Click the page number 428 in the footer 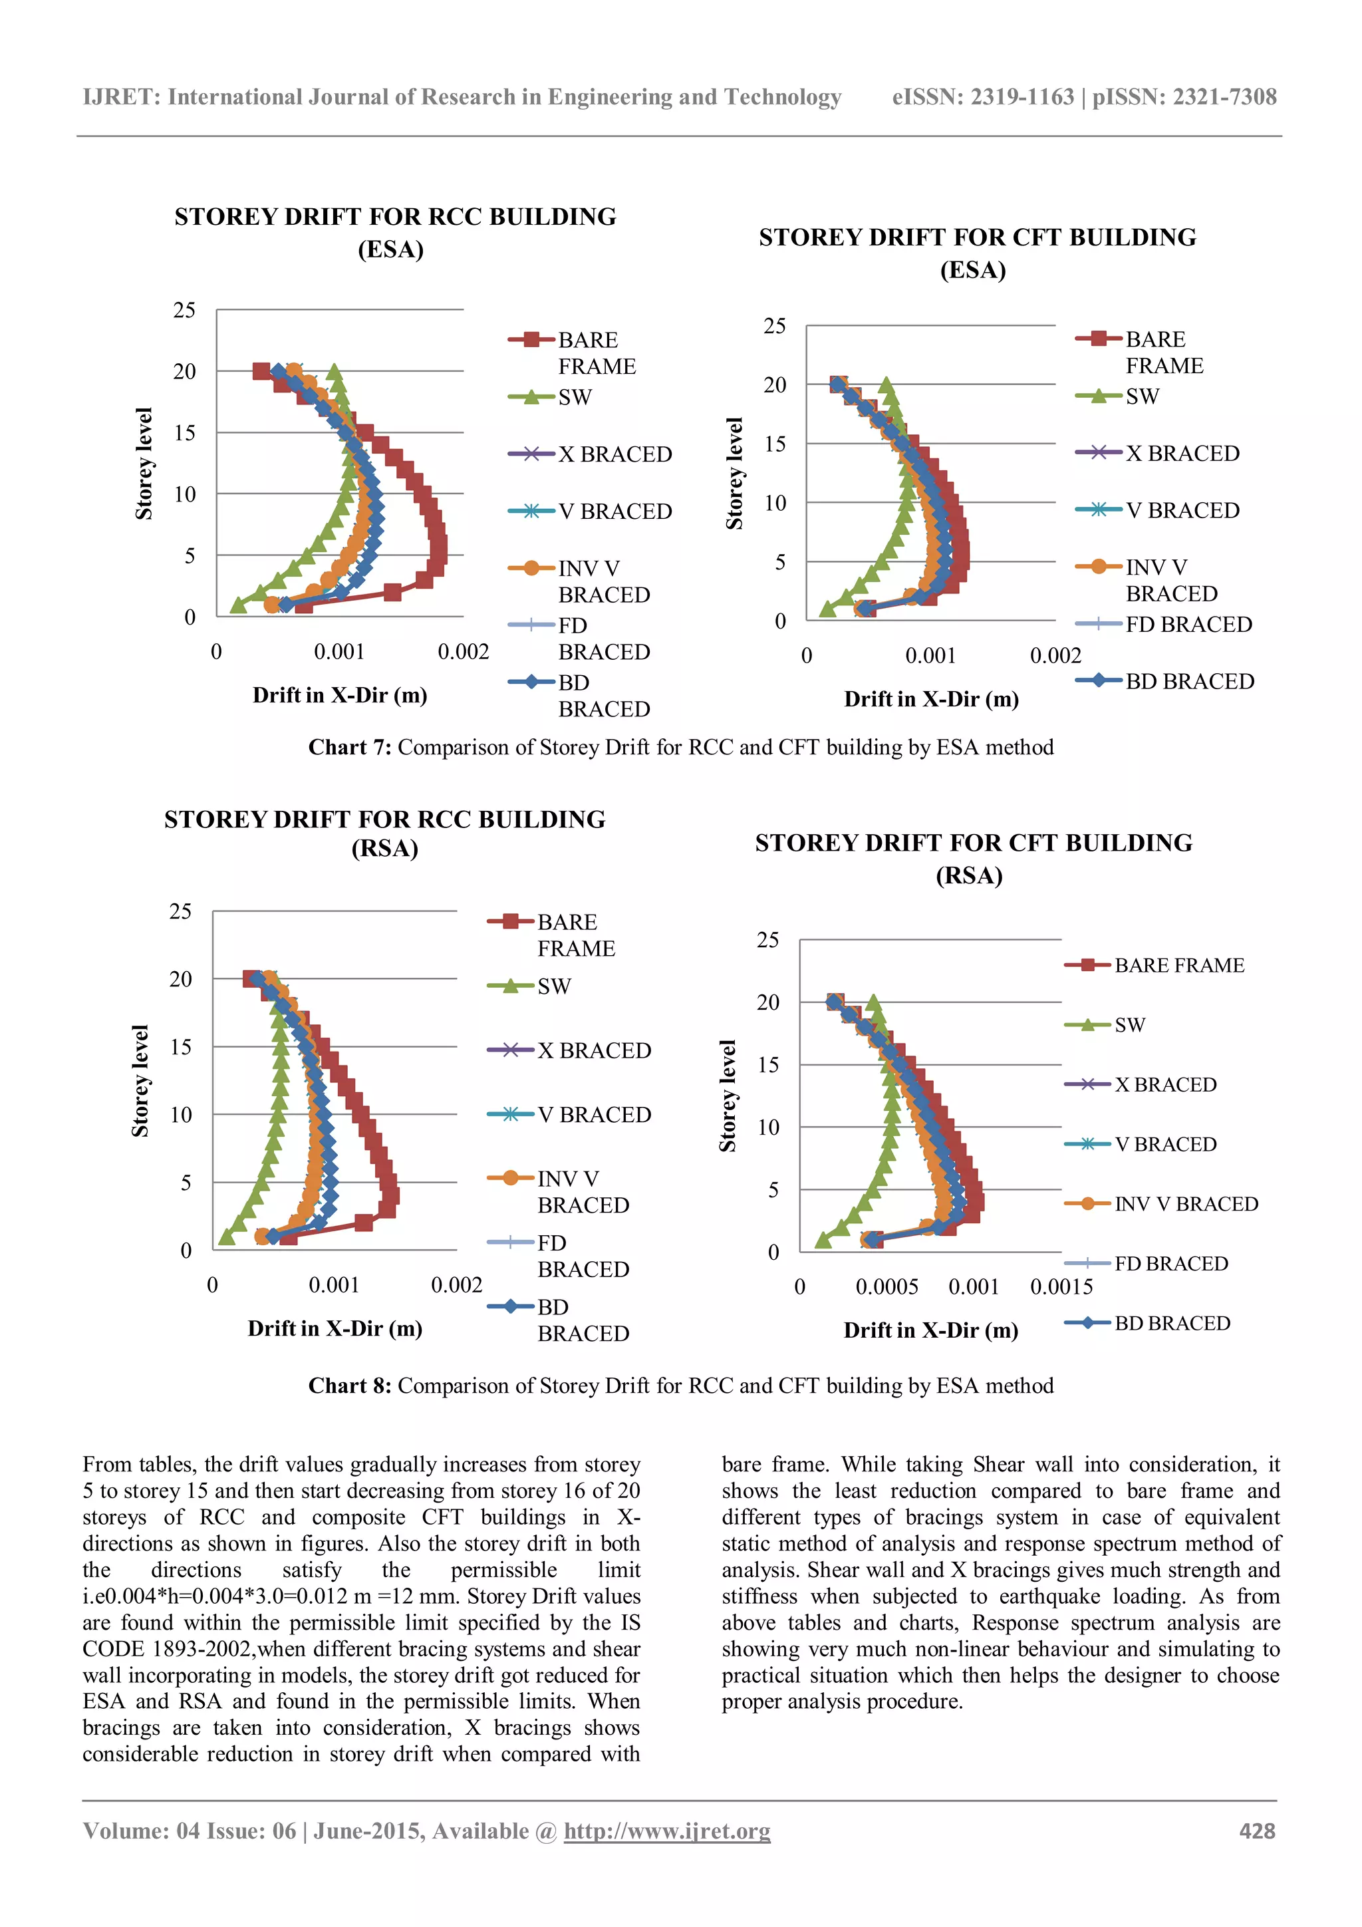pyautogui.click(x=1256, y=1831)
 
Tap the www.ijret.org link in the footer pyautogui.click(x=666, y=1831)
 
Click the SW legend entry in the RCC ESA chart pyautogui.click(x=575, y=397)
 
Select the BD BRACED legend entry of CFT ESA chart pyautogui.click(x=1189, y=682)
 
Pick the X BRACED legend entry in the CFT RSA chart pyautogui.click(x=1164, y=1084)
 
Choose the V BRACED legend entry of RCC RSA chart pyautogui.click(x=593, y=1115)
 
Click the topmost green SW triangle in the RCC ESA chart pyautogui.click(x=335, y=371)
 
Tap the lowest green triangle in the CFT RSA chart pyautogui.click(x=823, y=1240)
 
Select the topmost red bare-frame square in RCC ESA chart pyautogui.click(x=261, y=371)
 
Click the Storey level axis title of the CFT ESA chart pyautogui.click(x=734, y=474)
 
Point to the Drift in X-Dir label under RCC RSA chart pyautogui.click(x=335, y=1328)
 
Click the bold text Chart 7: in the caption pyautogui.click(x=349, y=747)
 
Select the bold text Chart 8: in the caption pyautogui.click(x=349, y=1386)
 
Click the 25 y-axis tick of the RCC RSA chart pyautogui.click(x=180, y=911)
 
